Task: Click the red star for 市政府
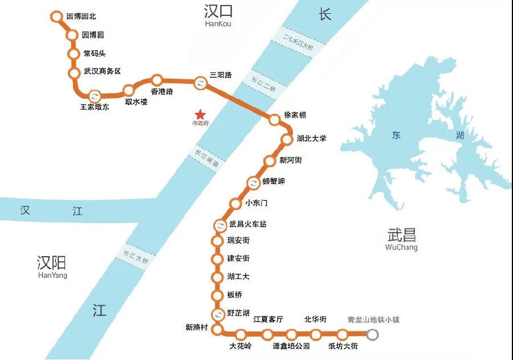coord(199,114)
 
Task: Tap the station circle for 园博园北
coord(56,17)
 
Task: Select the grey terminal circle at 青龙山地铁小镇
coord(372,334)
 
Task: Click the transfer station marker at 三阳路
coord(201,83)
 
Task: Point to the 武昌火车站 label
coord(247,224)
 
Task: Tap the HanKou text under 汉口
coord(218,24)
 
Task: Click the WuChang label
coord(401,248)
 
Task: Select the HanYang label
coord(52,275)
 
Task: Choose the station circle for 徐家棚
coord(275,119)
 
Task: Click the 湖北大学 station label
coord(311,139)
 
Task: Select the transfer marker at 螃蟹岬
coord(254,183)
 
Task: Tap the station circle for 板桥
coord(217,296)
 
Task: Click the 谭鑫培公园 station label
coord(291,346)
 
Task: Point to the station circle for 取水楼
coord(129,90)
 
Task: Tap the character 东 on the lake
coord(397,136)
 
